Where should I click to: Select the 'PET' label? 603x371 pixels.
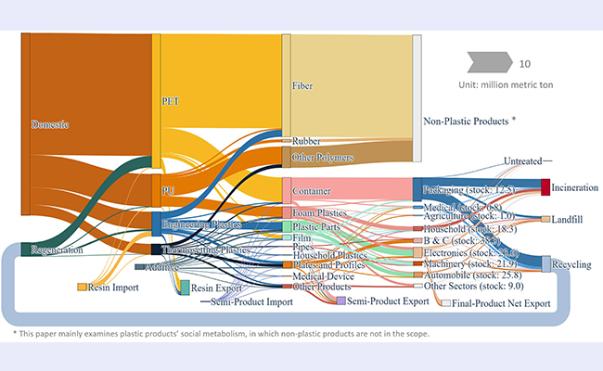[171, 100]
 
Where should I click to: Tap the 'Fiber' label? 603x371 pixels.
[302, 85]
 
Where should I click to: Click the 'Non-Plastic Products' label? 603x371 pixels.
[469, 122]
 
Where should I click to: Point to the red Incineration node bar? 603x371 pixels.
[545, 186]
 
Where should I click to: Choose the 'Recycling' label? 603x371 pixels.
[571, 265]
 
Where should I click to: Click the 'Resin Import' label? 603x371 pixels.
[113, 288]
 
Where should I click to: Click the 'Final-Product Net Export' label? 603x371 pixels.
[501, 303]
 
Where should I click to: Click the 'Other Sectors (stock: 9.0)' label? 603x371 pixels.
[466, 287]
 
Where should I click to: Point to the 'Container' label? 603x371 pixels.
[314, 191]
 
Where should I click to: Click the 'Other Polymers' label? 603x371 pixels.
[322, 158]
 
